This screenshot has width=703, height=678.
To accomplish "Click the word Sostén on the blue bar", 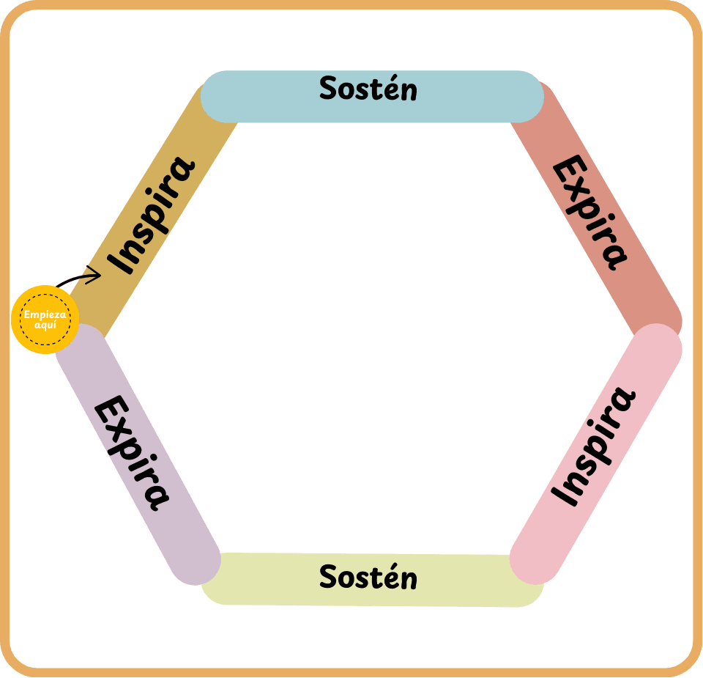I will coord(368,89).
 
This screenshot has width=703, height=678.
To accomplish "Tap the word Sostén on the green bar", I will coord(368,578).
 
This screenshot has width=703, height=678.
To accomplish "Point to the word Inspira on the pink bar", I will coord(594,447).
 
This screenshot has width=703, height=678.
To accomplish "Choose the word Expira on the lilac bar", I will coord(133,452).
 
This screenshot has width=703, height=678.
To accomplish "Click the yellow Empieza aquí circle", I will coord(45,320).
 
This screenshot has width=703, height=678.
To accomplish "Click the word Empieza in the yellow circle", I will coord(45,314).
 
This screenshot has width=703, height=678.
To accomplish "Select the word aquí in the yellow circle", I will coord(45,324).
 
